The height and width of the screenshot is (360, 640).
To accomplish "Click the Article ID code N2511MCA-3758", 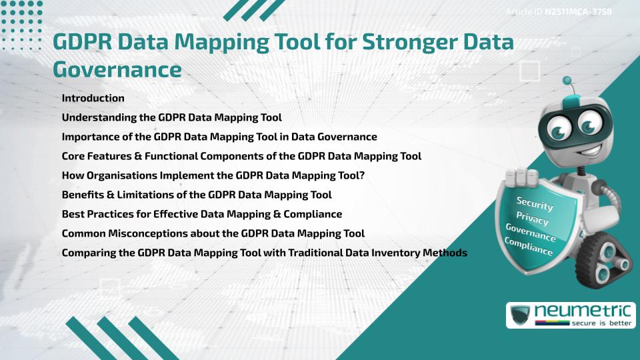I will [x=579, y=11].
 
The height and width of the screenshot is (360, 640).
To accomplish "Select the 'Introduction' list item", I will [x=93, y=98].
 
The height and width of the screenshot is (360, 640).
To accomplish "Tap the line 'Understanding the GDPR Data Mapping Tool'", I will [x=171, y=117].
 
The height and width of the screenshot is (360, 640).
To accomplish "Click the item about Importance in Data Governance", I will [x=219, y=137].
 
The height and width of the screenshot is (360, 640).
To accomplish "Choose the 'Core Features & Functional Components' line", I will [x=241, y=156].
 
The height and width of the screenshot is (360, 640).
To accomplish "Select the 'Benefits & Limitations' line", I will [x=197, y=195].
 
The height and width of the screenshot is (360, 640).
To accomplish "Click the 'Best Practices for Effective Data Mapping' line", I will [x=201, y=214].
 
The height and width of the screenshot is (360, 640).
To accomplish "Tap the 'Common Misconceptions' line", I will [x=213, y=233].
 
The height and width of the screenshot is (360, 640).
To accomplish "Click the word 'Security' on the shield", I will [x=535, y=203].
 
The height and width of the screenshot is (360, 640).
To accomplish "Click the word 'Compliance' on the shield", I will [x=529, y=247].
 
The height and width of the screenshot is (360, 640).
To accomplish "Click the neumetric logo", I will [x=570, y=315].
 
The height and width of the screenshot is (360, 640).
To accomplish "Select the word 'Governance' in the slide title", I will [x=117, y=69].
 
